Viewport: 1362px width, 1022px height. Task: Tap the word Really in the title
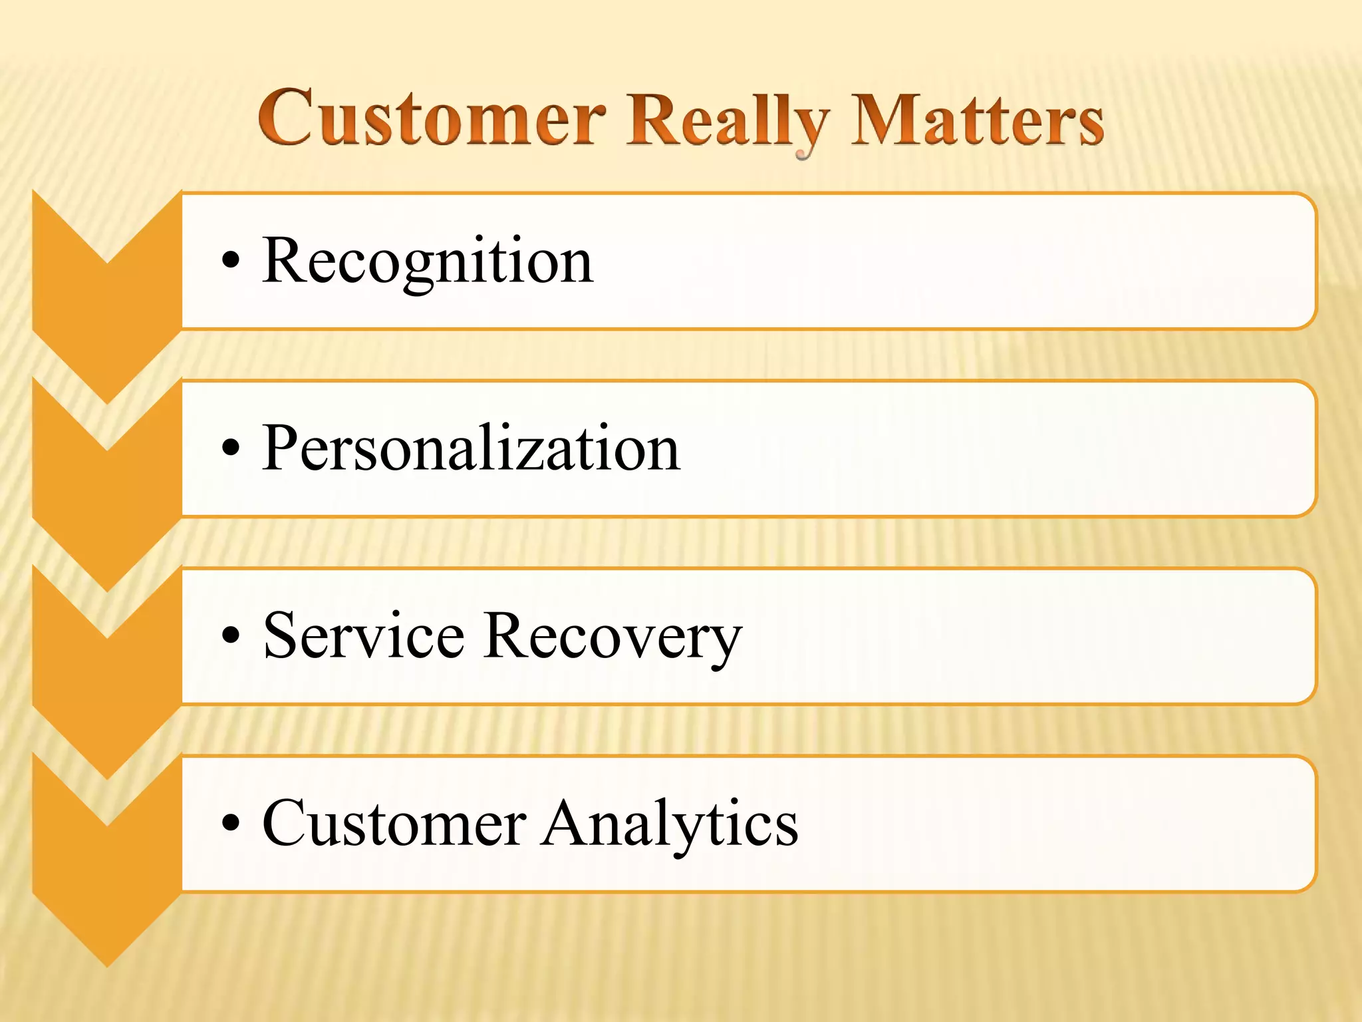point(728,121)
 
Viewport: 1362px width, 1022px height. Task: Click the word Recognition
point(428,261)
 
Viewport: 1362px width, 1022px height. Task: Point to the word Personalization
point(471,448)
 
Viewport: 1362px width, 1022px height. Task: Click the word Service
point(363,636)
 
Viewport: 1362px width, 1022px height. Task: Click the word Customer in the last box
point(395,824)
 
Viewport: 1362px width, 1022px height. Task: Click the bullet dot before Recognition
point(230,261)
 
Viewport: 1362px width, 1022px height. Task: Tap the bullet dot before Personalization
point(230,448)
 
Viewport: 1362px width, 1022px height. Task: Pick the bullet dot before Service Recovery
point(230,636)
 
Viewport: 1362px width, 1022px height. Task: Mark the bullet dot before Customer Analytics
point(230,824)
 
